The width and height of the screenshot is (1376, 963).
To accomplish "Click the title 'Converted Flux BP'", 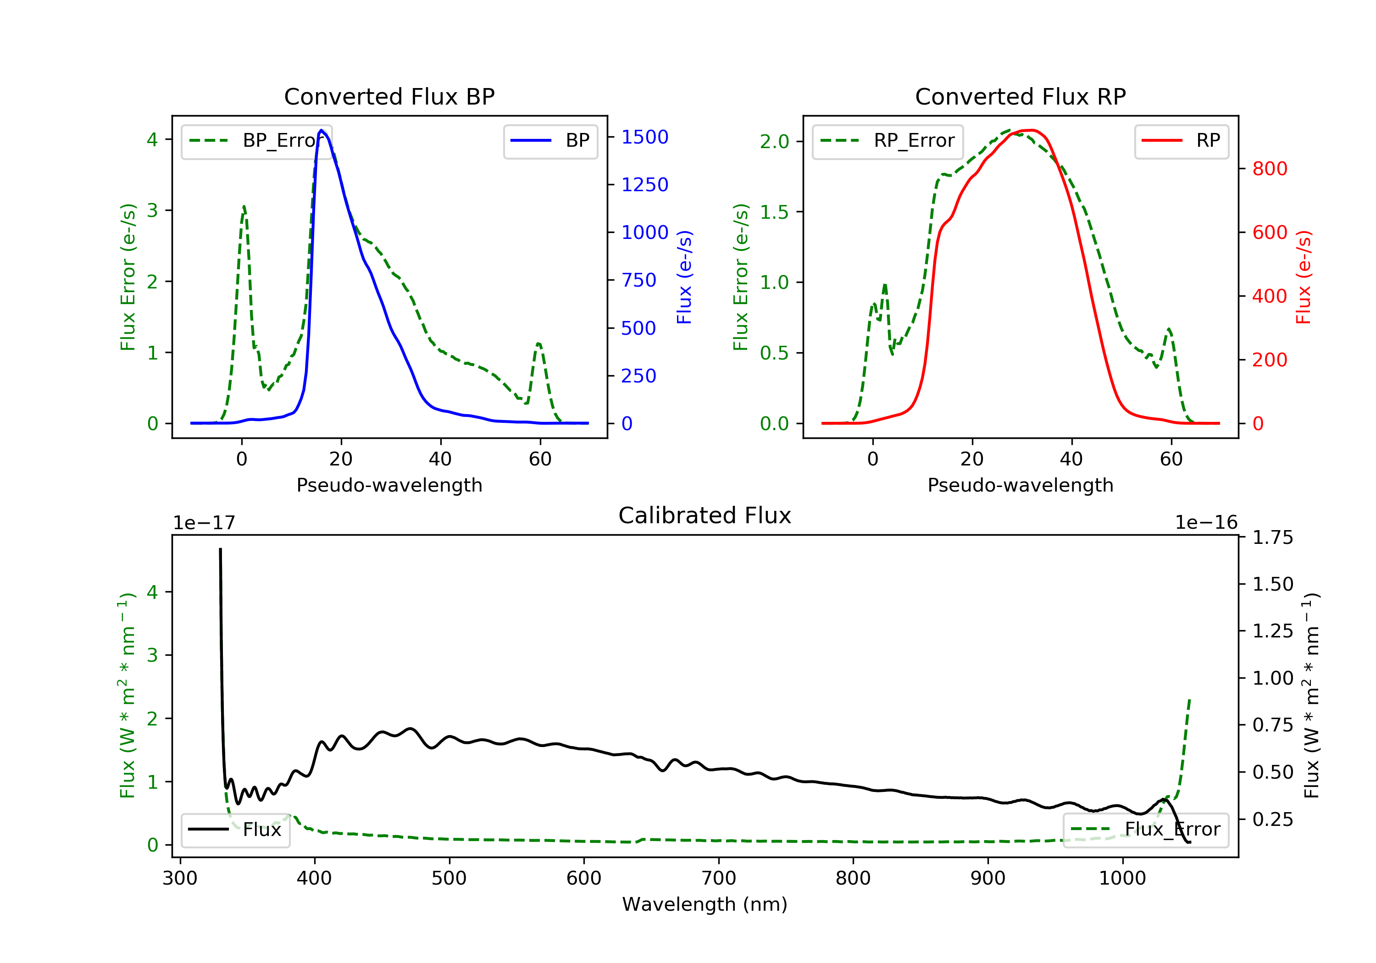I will [x=389, y=96].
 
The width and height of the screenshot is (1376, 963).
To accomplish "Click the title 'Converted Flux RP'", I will [x=1020, y=96].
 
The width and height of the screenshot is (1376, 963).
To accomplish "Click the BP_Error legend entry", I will [x=256, y=141].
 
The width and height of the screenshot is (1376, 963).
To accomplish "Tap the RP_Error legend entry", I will [x=888, y=141].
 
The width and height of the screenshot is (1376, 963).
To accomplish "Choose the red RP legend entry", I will [x=1181, y=141].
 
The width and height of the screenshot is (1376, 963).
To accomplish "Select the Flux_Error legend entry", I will [x=1145, y=830].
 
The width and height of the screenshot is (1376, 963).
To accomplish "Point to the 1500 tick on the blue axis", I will [x=644, y=137].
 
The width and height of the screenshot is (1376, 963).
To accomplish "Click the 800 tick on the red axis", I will [x=1269, y=169].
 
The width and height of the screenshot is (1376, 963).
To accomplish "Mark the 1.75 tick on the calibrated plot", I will [x=1272, y=537].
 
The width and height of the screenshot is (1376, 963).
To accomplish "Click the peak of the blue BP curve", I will [x=321, y=130].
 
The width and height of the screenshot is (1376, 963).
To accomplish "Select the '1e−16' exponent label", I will [x=1206, y=523].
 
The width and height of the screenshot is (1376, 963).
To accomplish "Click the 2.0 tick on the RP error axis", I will [x=774, y=142].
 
